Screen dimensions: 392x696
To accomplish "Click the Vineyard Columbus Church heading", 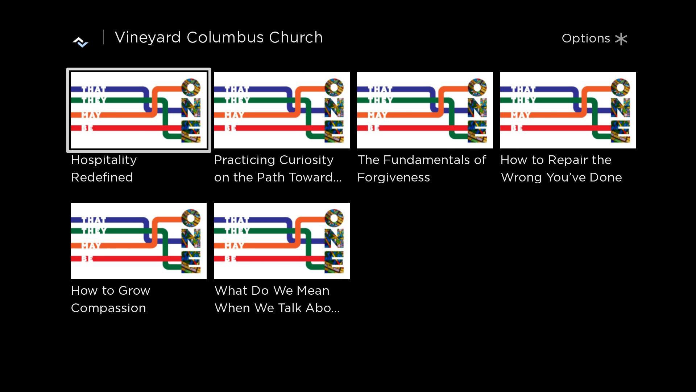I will point(219,37).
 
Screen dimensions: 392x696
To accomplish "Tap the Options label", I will point(585,38).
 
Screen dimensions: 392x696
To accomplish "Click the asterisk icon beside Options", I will point(621,39).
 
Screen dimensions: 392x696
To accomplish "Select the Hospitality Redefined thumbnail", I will point(138,110).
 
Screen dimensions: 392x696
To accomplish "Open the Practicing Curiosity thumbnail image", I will point(282,110).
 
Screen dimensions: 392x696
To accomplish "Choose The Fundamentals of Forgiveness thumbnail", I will point(425,110).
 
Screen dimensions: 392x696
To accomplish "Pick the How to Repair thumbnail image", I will point(568,110).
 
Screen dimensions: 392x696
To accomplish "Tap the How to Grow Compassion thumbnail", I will point(138,241).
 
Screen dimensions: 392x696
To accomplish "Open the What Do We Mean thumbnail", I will point(282,241).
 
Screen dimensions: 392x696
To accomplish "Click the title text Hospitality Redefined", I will point(104,168).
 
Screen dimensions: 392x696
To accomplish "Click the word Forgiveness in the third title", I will point(393,177).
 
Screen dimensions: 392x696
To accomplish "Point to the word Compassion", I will point(108,308).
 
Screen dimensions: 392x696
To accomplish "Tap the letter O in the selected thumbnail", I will point(191,87).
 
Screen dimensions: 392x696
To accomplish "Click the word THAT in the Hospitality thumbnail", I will point(94,89).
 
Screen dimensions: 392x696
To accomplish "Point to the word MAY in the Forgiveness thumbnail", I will point(377,115).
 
